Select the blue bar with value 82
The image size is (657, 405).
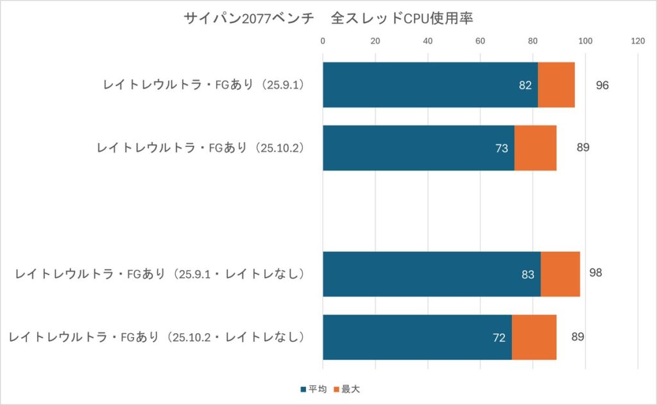[x=430, y=85]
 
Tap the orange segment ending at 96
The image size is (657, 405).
[x=556, y=85]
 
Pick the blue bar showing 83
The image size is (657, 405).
[x=431, y=274]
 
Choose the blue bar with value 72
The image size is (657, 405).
[x=417, y=337]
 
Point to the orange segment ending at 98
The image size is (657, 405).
[x=560, y=274]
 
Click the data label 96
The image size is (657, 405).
[x=602, y=85]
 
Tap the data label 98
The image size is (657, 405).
[x=595, y=273]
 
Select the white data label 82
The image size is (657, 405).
[x=525, y=85]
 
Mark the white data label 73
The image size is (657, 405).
[x=502, y=148]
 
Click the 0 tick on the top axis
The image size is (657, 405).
[x=323, y=42]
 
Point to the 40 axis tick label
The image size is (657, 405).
[x=428, y=42]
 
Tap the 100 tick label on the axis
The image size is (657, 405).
[x=584, y=42]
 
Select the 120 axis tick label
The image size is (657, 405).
[x=637, y=42]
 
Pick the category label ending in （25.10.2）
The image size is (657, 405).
[x=200, y=148]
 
